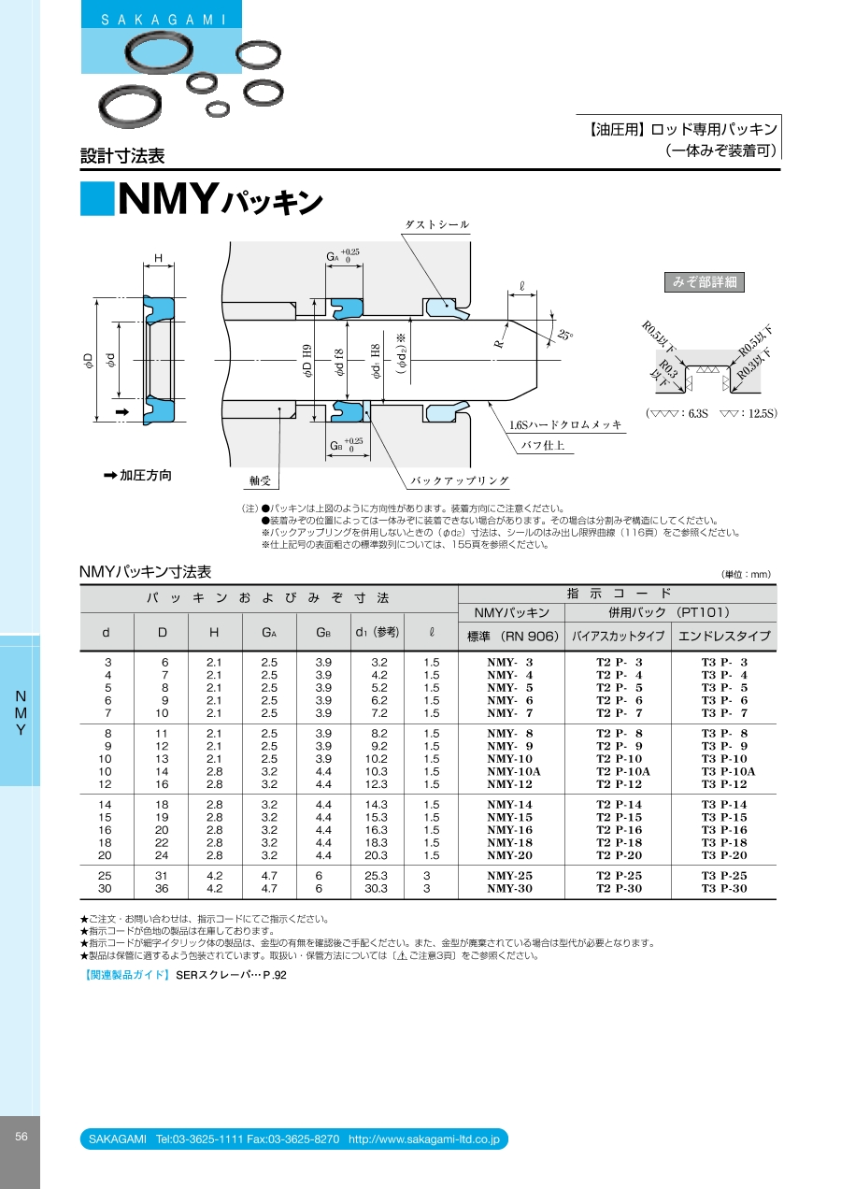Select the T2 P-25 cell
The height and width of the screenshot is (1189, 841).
coord(619,875)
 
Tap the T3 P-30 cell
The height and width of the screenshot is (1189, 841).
coord(724,888)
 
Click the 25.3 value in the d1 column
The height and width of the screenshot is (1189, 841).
coord(376,875)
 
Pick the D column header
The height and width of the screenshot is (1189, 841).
coord(163,632)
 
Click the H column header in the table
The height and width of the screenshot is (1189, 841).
coord(214,632)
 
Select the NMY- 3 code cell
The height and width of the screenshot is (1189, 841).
coord(510,662)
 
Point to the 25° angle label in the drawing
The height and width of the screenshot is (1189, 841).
coord(564,335)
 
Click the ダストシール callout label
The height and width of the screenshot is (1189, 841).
coord(437,224)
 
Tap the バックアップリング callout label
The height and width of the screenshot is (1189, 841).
coord(460,480)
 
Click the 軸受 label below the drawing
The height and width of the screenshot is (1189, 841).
coord(260,480)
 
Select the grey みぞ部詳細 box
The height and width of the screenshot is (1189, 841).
coord(705,282)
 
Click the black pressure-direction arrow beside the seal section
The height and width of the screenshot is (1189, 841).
coord(122,412)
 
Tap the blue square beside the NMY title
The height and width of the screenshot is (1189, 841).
coord(97,198)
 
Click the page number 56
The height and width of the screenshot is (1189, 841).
coord(21,1137)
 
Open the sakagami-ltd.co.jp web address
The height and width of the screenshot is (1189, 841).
coord(424,1139)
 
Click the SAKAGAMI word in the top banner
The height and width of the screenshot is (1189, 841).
coord(164,21)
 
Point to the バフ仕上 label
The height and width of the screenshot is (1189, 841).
coord(542,445)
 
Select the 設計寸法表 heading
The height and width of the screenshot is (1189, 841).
coord(122,155)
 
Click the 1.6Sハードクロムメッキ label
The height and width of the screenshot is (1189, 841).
coord(565,424)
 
